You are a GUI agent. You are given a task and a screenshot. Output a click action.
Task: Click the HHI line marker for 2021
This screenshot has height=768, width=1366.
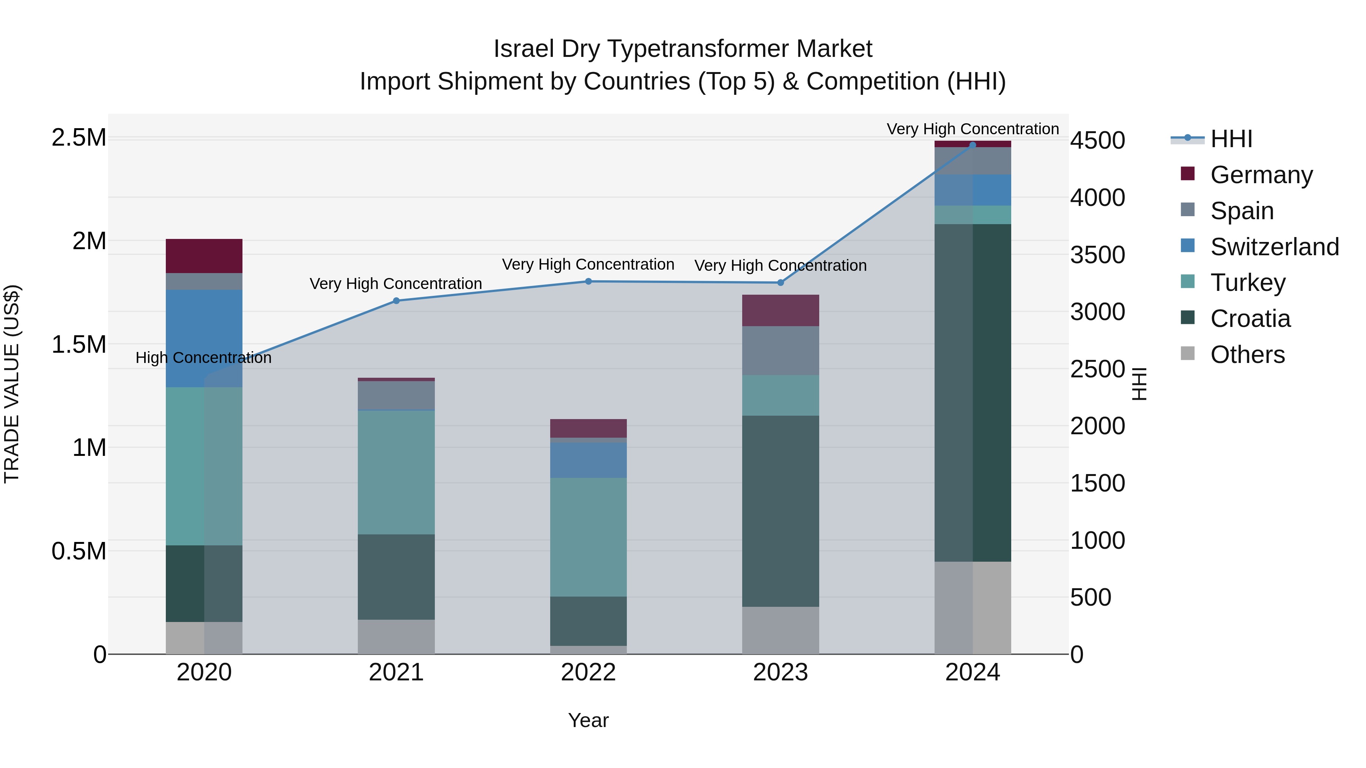point(396,300)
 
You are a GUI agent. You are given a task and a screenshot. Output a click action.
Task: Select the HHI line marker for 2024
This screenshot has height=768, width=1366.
point(972,145)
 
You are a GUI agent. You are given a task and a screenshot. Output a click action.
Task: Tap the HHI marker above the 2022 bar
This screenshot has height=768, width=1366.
point(588,281)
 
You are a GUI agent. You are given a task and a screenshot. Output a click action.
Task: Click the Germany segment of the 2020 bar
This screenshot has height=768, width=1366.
point(204,256)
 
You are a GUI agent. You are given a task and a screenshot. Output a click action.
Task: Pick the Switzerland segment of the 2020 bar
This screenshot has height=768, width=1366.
point(204,338)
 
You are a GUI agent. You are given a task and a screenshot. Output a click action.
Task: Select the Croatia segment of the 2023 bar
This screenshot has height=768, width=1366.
point(780,511)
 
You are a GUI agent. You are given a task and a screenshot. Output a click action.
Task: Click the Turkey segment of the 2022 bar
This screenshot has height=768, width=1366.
point(588,537)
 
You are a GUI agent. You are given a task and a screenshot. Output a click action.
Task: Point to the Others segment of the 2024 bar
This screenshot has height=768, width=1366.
point(972,608)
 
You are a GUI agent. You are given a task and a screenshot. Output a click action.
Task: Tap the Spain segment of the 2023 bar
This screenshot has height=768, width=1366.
point(780,350)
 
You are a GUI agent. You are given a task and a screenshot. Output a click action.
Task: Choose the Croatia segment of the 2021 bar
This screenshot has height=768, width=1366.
point(396,576)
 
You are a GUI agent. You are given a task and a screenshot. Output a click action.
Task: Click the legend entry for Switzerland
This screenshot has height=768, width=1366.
point(1274,247)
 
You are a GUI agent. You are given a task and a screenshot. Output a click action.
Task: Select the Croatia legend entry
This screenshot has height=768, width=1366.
point(1250,319)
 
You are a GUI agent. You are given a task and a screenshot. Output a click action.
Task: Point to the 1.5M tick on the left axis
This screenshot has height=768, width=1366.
point(79,344)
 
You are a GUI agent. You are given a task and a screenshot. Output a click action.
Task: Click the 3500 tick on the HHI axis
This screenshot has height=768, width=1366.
point(1097,255)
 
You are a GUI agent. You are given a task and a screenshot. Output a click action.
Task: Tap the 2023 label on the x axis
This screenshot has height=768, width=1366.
point(780,672)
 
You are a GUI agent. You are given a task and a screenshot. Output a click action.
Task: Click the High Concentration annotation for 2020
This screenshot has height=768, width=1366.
point(204,358)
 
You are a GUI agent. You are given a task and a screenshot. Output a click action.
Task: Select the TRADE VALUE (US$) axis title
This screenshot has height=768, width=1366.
point(12,384)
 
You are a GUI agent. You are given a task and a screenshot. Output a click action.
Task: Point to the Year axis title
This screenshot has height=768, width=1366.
point(588,720)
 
